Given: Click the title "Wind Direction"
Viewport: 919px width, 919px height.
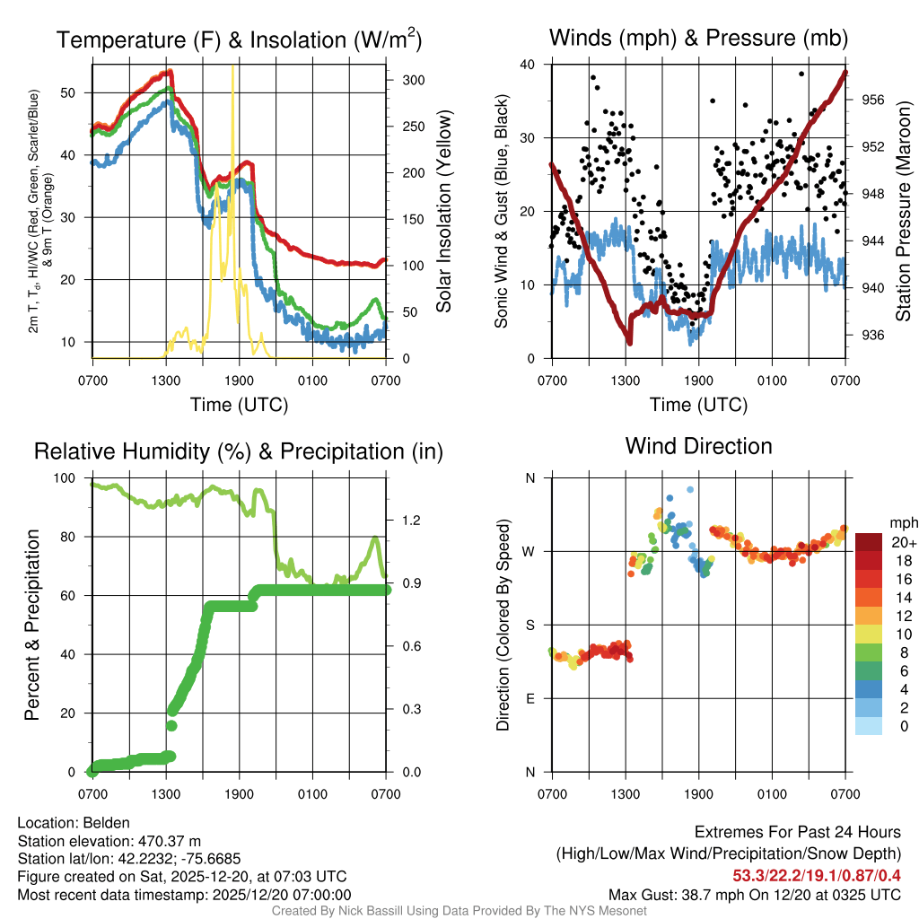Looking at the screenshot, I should click(698, 446).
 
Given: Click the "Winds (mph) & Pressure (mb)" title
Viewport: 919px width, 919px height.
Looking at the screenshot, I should click(698, 39).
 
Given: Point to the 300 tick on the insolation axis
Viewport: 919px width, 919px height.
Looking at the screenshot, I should click(413, 80).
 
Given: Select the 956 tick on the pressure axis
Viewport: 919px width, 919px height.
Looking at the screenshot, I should click(872, 100).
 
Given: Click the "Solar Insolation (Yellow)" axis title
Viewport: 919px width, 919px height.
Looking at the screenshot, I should click(443, 212).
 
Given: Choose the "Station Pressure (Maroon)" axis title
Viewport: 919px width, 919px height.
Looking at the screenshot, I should click(904, 212).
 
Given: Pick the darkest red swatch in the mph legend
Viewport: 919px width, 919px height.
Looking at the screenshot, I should click(869, 542).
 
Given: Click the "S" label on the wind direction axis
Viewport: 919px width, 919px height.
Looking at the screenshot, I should click(530, 625).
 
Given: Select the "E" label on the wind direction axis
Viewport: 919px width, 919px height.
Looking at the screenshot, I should click(530, 698).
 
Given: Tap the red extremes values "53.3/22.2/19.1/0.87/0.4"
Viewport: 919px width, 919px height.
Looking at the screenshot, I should click(817, 875).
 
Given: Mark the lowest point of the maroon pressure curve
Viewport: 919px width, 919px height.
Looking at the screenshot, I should click(630, 342).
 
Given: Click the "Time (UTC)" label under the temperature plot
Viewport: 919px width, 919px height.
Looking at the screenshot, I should click(239, 405).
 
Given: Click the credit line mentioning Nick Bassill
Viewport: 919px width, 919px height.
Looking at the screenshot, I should click(459, 911).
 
